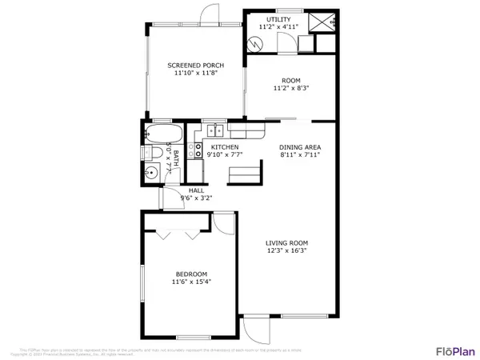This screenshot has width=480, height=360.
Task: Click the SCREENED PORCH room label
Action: [195, 65]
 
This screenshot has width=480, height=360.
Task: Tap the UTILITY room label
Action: [279, 18]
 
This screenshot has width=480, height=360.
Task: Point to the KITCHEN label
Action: [225, 147]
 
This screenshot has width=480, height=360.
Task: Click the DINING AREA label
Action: [300, 147]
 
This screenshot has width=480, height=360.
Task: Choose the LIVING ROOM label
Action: [287, 243]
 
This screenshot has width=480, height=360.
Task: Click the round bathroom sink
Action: [151, 173]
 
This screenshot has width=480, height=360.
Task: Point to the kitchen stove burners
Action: [194, 147]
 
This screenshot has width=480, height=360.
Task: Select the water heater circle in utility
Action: [260, 42]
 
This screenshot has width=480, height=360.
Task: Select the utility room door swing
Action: [285, 44]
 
